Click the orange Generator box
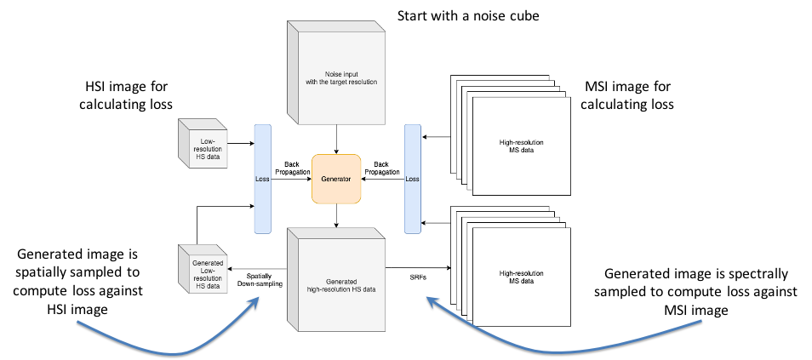pyautogui.click(x=336, y=179)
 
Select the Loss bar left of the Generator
pyautogui.click(x=262, y=179)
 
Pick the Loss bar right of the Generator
pyautogui.click(x=413, y=179)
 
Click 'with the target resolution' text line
pyautogui.click(x=341, y=82)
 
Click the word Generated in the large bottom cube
pyautogui.click(x=341, y=282)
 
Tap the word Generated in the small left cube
pyautogui.click(x=208, y=262)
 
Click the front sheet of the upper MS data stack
pyautogui.click(x=521, y=146)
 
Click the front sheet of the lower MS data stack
pyautogui.click(x=521, y=277)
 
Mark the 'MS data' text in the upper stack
pyautogui.click(x=522, y=150)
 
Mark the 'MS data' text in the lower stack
pyautogui.click(x=522, y=281)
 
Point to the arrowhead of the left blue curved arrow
pyautogui.click(x=257, y=300)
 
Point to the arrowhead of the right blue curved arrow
pyautogui.click(x=429, y=299)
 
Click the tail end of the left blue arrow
pyautogui.click(x=78, y=322)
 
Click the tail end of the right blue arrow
pyautogui.click(x=701, y=321)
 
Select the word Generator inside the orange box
pyautogui.click(x=336, y=179)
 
